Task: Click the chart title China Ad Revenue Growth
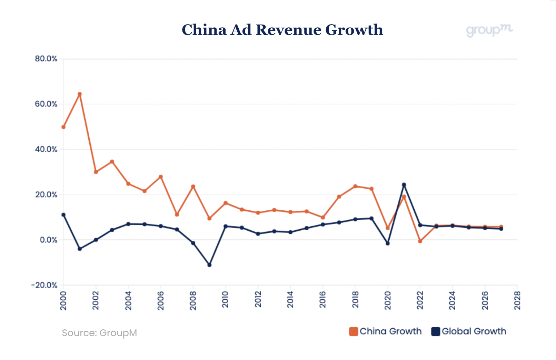[x=282, y=30]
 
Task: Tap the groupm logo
[x=489, y=30]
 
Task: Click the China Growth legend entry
[x=386, y=331]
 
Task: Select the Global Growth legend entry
[x=469, y=331]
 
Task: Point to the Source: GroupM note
[x=99, y=333]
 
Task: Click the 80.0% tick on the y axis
[x=46, y=59]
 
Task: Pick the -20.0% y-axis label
[x=44, y=285]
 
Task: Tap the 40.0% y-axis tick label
[x=46, y=149]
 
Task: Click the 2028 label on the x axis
[x=517, y=300]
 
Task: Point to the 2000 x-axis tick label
[x=63, y=300]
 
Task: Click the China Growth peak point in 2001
[x=80, y=94]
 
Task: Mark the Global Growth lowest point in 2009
[x=209, y=265]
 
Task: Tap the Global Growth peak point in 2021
[x=404, y=184]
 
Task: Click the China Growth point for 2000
[x=63, y=127]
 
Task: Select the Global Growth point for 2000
[x=63, y=214]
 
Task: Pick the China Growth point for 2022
[x=420, y=241]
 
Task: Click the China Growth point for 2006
[x=161, y=177]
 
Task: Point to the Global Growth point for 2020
[x=388, y=243]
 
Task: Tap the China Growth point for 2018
[x=355, y=186]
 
